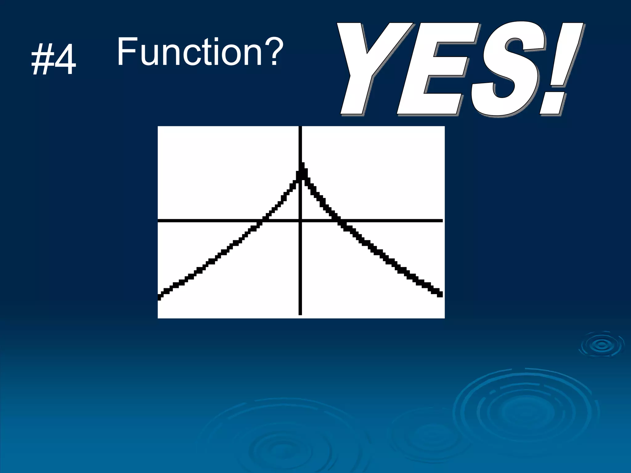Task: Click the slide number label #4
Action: pos(54,60)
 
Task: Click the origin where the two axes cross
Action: pos(300,220)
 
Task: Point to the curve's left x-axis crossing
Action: pos(263,220)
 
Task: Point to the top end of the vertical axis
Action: pos(300,127)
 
